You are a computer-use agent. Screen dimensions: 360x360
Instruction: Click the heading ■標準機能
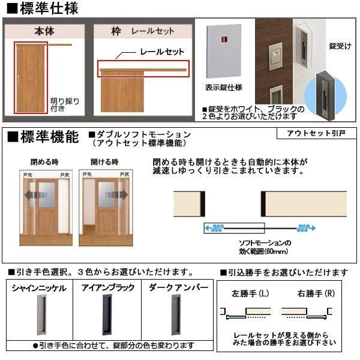pos(42,137)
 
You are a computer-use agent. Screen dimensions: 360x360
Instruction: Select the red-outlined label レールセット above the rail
pos(158,52)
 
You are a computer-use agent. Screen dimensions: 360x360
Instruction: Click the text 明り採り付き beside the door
pos(64,105)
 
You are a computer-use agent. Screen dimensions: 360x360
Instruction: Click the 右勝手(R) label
pos(312,295)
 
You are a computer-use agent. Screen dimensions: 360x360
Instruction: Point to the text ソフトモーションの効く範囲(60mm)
pos(261,247)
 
